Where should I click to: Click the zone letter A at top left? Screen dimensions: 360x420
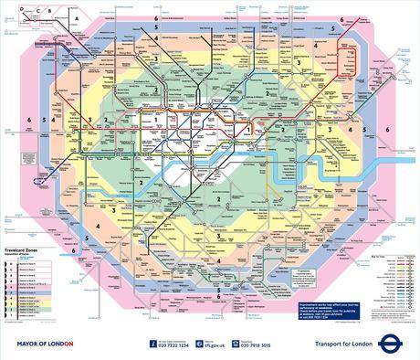pos(79,17)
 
